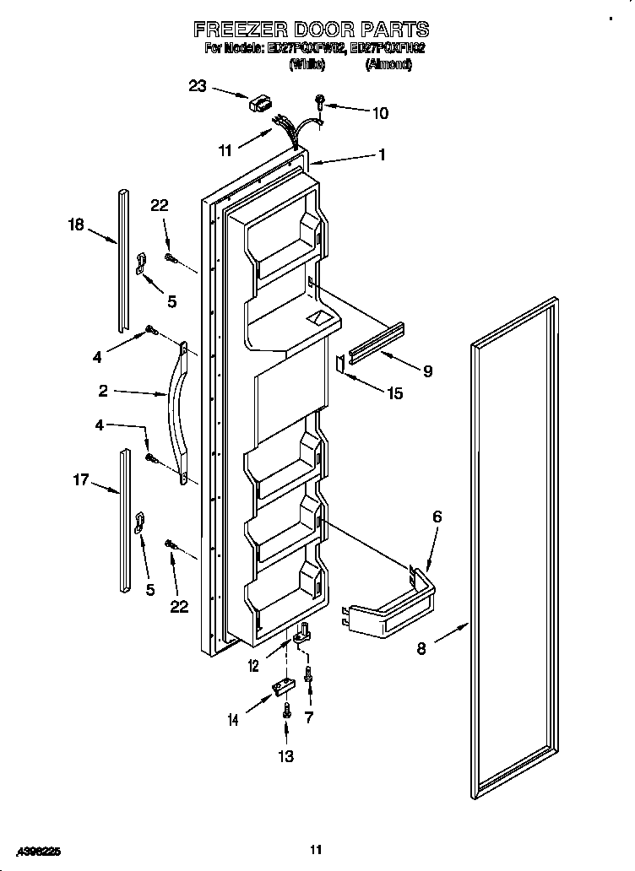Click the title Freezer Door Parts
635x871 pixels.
point(312,30)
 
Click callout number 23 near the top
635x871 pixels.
point(198,85)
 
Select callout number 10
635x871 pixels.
point(380,111)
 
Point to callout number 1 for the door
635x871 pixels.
point(382,154)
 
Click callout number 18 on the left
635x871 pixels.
point(76,225)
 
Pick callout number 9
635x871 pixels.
point(427,371)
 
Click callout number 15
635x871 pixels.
point(393,392)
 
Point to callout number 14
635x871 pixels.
point(232,719)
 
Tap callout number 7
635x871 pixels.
point(310,717)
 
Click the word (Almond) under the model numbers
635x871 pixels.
point(388,65)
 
